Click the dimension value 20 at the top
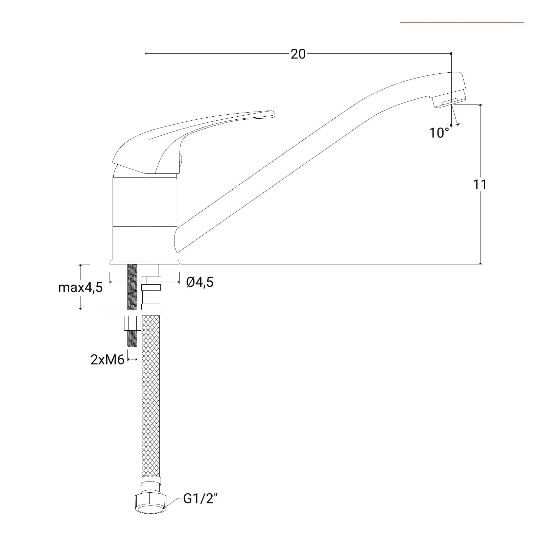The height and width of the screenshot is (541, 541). click(298, 54)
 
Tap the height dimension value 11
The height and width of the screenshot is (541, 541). click(479, 185)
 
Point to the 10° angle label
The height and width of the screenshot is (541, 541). click(439, 133)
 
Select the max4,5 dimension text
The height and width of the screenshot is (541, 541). click(80, 287)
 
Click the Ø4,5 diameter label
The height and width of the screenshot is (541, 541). click(200, 282)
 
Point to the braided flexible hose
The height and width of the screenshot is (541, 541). click(151, 396)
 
